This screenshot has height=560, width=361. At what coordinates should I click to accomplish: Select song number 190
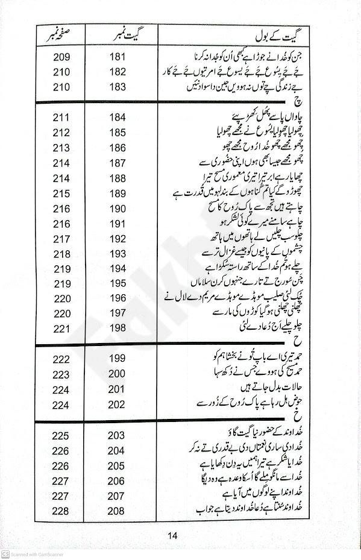pos(117,209)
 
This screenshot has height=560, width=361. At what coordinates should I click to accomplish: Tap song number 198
pos(117,328)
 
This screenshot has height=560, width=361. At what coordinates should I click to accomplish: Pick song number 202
pos(117,404)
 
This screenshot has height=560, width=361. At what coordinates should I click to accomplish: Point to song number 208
pos(117,511)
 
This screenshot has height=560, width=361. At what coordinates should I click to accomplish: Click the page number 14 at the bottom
pos(173,536)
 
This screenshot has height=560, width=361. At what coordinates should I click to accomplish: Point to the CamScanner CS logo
pos(5,554)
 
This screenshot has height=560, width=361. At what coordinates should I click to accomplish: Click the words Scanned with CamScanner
pos(37,554)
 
